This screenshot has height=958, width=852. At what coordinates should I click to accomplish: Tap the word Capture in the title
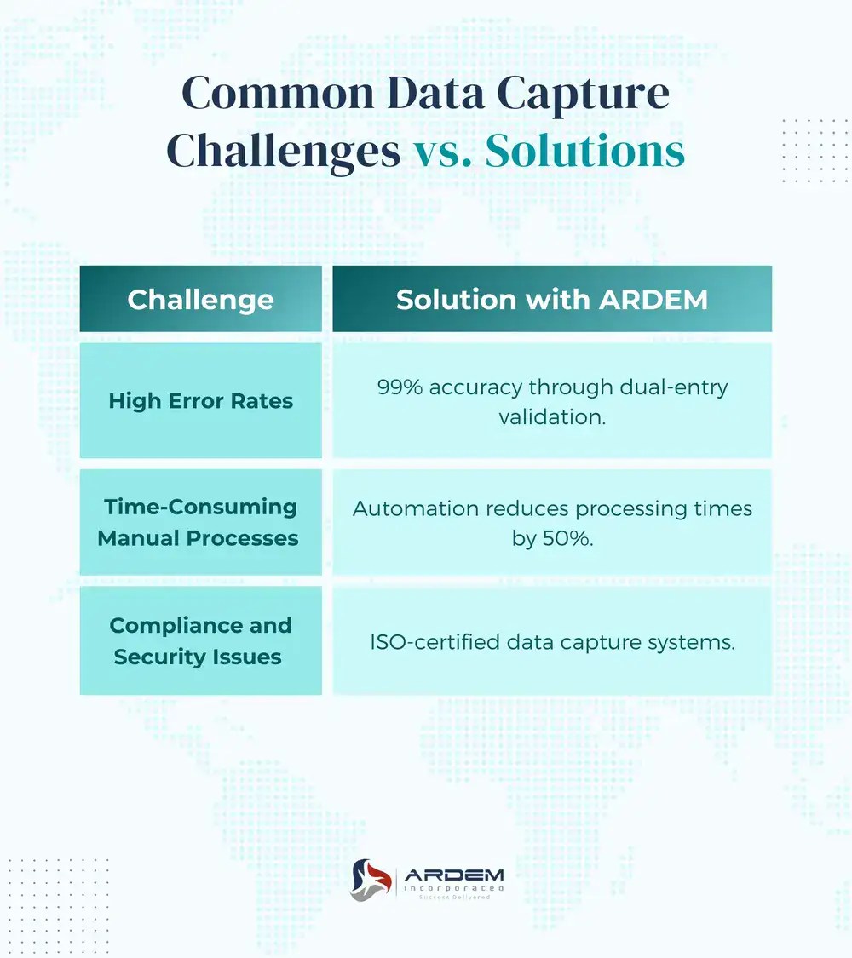click(595, 93)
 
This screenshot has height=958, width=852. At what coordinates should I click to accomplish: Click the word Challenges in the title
click(284, 152)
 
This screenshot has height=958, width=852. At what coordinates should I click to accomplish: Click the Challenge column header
click(200, 299)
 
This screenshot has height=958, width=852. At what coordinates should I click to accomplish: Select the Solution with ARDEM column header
click(552, 299)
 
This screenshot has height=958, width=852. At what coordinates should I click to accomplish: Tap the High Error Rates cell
click(200, 400)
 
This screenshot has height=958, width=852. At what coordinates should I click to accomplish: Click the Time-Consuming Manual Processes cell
click(200, 522)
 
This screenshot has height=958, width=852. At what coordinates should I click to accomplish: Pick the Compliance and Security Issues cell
click(200, 640)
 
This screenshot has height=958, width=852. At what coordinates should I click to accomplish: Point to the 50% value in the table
click(569, 538)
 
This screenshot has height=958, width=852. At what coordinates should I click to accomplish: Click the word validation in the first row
click(552, 417)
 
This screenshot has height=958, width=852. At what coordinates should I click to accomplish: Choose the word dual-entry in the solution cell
click(678, 387)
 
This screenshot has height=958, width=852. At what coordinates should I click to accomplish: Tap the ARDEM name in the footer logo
click(453, 874)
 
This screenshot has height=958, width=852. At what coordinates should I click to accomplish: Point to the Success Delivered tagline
click(453, 898)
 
